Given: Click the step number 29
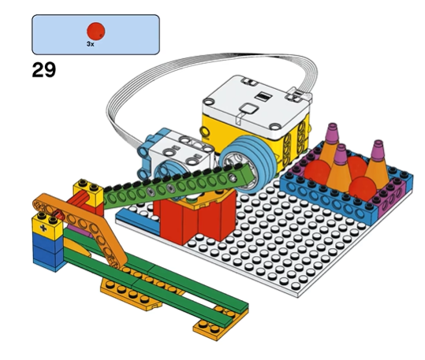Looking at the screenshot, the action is click(44, 70).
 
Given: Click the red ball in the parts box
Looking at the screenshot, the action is click(96, 32).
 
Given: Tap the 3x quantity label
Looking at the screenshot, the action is click(91, 44).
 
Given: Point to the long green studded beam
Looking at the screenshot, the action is click(179, 187).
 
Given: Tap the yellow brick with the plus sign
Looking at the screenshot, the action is click(47, 226).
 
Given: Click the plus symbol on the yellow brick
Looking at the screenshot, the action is click(43, 228).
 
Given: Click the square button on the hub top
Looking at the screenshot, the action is click(249, 109).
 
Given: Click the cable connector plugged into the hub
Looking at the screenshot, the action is click(297, 95).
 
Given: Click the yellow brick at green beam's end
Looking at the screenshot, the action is click(88, 191).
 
